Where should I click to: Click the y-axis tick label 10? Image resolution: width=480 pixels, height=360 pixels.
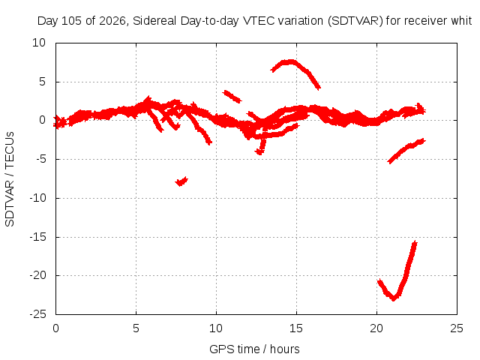point(39,43)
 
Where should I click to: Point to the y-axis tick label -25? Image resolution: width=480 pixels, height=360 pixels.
point(38,314)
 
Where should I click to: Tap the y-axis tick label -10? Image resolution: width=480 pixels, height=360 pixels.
point(38,198)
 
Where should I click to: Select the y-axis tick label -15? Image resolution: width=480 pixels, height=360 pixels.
point(38,237)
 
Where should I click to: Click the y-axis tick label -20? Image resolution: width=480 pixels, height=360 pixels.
point(38,275)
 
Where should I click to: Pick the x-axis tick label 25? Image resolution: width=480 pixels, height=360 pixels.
point(457,328)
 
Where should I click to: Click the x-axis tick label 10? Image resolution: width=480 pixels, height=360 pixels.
point(216,328)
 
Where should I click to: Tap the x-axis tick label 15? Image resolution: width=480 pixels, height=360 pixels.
point(296,328)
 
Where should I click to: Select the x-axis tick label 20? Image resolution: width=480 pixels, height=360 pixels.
point(376,328)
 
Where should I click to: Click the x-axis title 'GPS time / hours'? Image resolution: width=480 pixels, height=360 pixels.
point(254,349)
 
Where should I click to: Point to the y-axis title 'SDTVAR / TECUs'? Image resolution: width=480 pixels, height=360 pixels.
point(10,179)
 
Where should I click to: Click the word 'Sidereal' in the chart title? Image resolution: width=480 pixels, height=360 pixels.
point(154,21)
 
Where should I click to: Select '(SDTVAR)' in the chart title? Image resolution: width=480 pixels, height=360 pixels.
point(355,21)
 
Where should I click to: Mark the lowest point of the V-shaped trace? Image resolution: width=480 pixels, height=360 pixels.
point(393,299)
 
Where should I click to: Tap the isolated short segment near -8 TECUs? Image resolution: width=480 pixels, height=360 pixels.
point(181,181)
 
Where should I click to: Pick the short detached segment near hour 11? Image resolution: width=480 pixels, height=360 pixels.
point(232,97)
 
